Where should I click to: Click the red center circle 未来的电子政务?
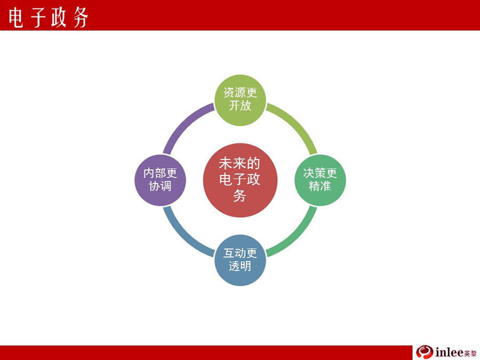[240, 180]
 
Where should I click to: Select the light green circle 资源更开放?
[240, 100]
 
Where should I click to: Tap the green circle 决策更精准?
[320, 180]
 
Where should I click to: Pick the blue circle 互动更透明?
[240, 260]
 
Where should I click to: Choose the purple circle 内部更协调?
[160, 180]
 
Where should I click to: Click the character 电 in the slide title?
[15, 18]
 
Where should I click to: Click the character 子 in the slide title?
[38, 18]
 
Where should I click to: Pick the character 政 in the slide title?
[59, 18]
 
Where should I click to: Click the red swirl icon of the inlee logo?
[425, 352]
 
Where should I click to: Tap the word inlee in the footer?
[449, 353]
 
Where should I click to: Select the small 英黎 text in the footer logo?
[470, 353]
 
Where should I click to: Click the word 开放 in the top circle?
[240, 106]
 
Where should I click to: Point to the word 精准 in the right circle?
[320, 186]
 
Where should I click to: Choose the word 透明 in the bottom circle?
[240, 266]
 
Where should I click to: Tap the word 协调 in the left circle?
[160, 186]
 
